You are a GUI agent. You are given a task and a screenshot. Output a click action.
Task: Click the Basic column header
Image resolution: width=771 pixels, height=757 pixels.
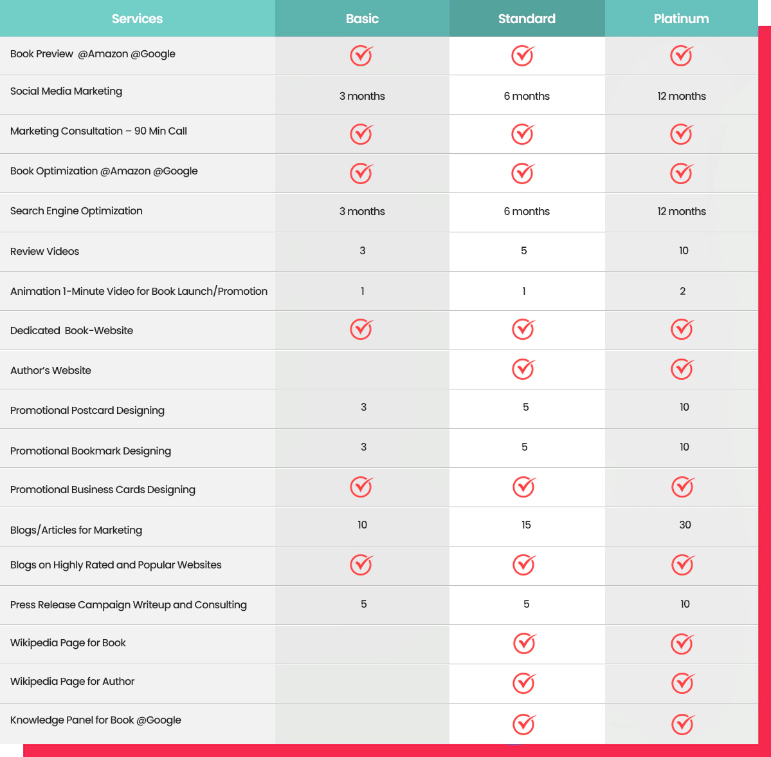pos(362,19)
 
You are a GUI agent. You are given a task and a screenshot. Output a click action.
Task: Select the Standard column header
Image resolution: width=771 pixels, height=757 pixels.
pos(527,19)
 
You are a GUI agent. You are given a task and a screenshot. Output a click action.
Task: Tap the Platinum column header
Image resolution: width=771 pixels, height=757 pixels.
pos(681,19)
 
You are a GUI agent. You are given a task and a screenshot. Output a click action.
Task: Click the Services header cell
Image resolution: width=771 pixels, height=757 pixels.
pos(137,19)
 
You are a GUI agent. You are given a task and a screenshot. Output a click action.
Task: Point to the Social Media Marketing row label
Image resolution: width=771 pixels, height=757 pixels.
pos(66,91)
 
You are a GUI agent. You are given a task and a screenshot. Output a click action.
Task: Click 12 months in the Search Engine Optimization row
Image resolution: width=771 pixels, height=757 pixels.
pos(681,211)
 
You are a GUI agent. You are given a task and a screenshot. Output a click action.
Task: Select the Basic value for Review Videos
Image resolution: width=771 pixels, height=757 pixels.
pos(363,250)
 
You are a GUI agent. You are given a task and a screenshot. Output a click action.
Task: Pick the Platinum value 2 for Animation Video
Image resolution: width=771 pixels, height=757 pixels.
pos(683,291)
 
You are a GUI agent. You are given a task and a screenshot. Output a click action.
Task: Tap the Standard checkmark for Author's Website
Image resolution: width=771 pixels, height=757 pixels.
pos(523,369)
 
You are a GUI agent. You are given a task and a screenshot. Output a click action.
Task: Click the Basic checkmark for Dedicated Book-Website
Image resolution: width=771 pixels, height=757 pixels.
pos(361,329)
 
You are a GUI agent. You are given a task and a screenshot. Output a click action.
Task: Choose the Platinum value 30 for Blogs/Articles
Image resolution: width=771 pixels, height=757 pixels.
pos(685,525)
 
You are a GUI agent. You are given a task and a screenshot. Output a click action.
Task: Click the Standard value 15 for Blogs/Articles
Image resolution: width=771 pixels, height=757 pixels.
pos(526,525)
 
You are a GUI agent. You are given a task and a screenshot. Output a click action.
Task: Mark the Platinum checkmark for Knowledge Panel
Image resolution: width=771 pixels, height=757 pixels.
pos(683,724)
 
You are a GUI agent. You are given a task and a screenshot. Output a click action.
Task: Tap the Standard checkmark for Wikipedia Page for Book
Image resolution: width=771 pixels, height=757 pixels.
pos(525,643)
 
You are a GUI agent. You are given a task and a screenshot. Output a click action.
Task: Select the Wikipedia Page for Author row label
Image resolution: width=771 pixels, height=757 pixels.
pos(73,681)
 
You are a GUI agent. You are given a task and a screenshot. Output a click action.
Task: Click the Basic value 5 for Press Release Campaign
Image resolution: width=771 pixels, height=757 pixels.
pos(364,604)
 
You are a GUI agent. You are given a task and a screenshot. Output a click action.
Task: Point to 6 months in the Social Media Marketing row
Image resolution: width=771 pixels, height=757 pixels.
pos(527,96)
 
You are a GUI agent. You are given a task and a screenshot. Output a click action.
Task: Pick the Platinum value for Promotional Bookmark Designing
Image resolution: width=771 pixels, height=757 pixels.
pos(684,447)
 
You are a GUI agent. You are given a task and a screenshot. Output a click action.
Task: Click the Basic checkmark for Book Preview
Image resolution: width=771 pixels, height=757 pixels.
pos(361,55)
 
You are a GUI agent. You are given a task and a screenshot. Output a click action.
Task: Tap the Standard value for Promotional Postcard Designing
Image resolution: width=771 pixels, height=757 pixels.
pos(526,407)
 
